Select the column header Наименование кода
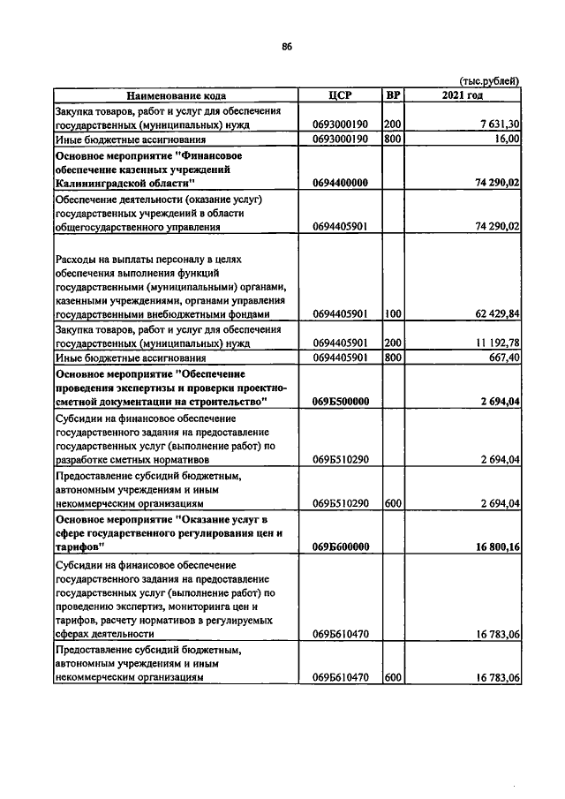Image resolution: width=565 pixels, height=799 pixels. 176,95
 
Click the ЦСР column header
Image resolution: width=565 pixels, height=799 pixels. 340,95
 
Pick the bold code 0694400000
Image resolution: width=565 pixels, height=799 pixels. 340,183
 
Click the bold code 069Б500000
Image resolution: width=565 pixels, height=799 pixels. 340,402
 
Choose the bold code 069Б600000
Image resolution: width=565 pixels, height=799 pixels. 340,547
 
